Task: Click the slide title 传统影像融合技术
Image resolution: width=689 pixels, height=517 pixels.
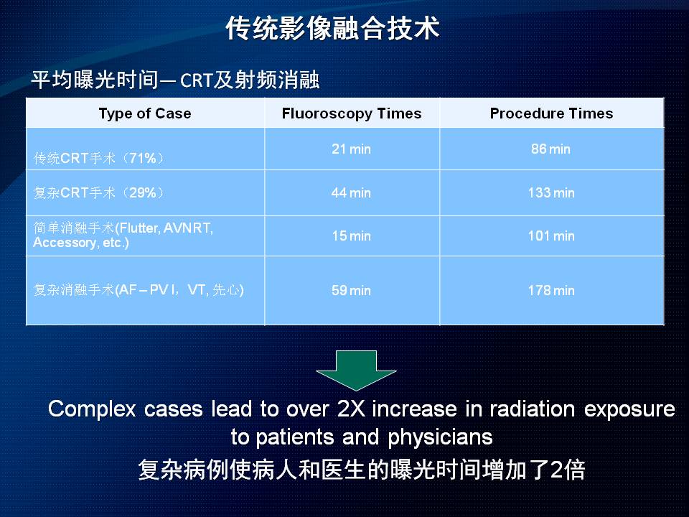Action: (332, 29)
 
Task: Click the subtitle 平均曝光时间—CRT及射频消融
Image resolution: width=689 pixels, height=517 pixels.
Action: (175, 80)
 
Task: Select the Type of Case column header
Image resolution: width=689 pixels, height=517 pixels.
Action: (145, 113)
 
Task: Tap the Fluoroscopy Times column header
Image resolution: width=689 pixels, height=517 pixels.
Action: (352, 113)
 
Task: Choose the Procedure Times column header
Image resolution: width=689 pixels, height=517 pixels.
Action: (551, 113)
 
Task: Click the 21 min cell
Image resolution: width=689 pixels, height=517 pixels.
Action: (351, 149)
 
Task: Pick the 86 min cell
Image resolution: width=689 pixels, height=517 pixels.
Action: (550, 149)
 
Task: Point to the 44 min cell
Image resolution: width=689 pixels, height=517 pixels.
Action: (351, 192)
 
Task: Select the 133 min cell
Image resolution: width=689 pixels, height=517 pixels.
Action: (551, 192)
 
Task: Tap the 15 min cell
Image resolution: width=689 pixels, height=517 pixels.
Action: (351, 236)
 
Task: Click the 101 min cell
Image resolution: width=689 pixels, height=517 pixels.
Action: (551, 236)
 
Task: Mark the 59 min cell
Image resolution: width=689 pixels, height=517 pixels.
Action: (351, 290)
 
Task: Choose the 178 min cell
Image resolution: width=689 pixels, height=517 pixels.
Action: (551, 290)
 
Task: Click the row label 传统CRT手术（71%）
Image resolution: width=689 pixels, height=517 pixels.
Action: (99, 158)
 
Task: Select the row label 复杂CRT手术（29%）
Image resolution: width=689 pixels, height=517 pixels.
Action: (99, 192)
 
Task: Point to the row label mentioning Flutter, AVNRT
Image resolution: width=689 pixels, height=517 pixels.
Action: (123, 236)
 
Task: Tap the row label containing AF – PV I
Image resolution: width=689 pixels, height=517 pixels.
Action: (139, 290)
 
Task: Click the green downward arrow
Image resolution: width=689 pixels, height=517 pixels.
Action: (356, 371)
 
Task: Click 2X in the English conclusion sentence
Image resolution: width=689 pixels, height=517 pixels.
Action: (351, 409)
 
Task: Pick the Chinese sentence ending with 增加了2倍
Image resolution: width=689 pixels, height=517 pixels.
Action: (361, 470)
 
